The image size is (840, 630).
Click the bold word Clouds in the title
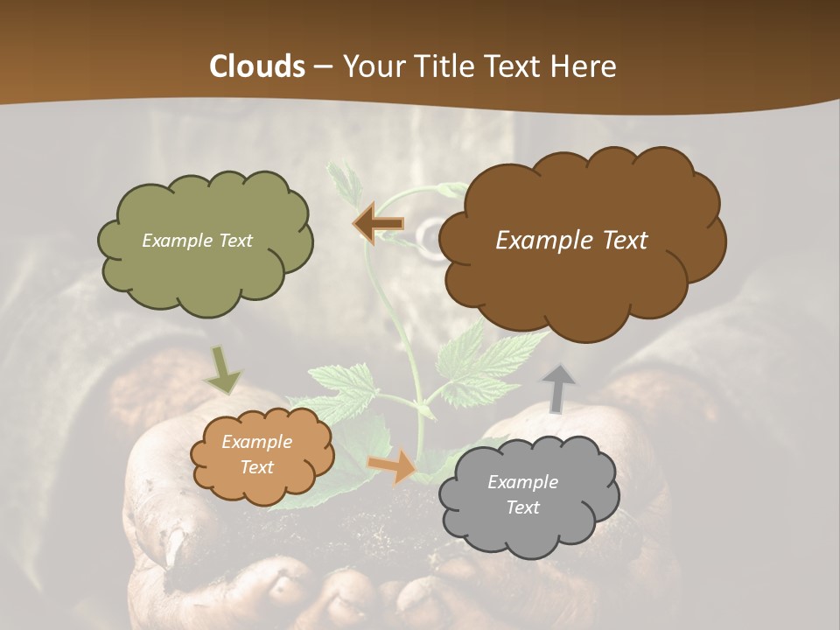(256, 66)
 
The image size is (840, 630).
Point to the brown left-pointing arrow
(379, 225)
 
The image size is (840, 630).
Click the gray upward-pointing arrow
(559, 388)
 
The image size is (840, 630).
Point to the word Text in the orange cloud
(257, 467)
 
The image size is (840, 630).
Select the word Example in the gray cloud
(522, 482)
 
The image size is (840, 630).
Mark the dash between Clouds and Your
(323, 67)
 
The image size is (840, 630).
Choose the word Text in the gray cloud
(522, 507)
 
